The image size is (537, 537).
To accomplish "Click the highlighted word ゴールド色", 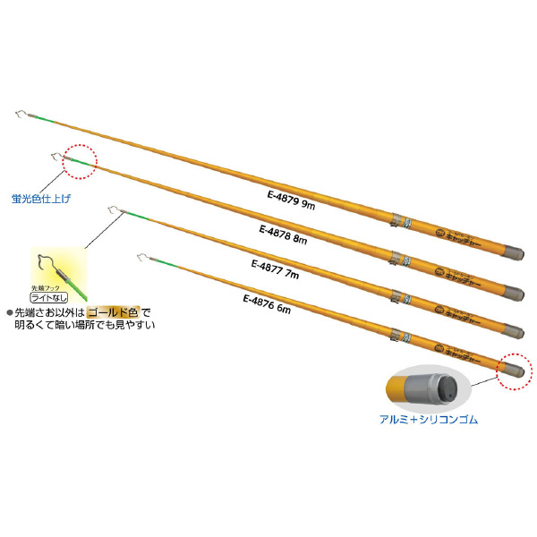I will [113, 312].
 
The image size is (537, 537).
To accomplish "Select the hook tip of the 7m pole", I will [111, 210].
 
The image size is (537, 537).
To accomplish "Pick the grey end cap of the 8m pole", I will [512, 292].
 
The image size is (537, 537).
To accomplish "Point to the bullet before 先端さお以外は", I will [9, 312].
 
